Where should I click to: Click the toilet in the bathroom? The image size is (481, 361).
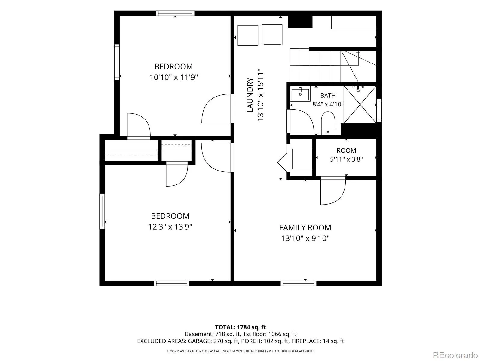(x=328, y=123)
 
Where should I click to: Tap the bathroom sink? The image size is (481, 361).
(x=300, y=94)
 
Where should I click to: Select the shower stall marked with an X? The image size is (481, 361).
(x=360, y=104)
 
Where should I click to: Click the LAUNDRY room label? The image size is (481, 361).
(x=250, y=95)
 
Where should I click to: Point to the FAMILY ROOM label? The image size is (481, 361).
(x=305, y=228)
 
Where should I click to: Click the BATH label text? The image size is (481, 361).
(x=328, y=96)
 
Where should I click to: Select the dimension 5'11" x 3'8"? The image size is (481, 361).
(x=346, y=159)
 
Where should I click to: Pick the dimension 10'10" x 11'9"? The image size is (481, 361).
(x=173, y=77)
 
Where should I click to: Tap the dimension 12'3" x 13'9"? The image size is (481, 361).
(x=170, y=227)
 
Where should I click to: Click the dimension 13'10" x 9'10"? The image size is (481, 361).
(x=305, y=238)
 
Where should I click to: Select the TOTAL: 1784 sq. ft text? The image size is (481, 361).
(x=240, y=327)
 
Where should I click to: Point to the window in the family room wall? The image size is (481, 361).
(x=298, y=283)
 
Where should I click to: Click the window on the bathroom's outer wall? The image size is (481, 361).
(x=379, y=110)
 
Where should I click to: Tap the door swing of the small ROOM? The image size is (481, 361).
(x=333, y=191)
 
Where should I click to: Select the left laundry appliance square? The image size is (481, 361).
(x=248, y=35)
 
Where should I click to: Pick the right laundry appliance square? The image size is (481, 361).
(x=272, y=35)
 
